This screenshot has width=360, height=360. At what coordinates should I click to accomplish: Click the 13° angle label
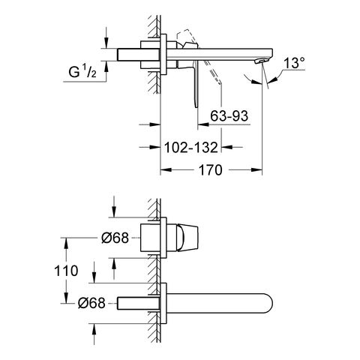click(295, 63)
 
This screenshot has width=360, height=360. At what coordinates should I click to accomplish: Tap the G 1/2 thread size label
click(82, 72)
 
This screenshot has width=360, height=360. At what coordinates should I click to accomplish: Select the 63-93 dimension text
click(229, 116)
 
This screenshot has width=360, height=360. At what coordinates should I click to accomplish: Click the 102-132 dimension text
click(191, 148)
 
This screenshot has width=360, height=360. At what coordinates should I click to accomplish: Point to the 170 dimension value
click(210, 170)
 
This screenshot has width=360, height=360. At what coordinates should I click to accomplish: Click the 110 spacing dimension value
click(66, 271)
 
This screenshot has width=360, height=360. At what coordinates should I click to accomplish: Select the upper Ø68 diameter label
click(115, 238)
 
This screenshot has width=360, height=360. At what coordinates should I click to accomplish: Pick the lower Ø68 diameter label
click(91, 304)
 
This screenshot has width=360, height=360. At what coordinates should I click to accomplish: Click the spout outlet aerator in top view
click(260, 61)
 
